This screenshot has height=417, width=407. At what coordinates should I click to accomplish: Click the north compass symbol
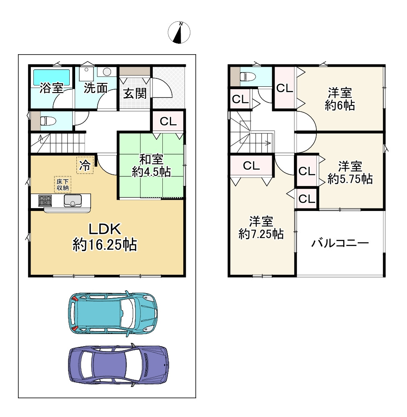pos(179,33)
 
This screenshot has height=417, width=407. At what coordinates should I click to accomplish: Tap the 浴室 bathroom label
pos(51,88)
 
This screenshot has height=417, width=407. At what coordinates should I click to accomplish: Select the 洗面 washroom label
pos(96,88)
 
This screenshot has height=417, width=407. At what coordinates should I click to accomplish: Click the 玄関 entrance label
pos(135,93)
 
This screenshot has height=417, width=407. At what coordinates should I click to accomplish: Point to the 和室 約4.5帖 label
pos(152,166)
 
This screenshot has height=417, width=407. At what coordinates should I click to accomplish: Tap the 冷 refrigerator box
pos(85,166)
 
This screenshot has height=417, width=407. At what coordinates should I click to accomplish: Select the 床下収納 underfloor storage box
pos(63,184)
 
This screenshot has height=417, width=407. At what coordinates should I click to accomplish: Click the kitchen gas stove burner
pos(45,201)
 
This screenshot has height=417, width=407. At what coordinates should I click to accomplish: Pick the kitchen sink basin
pos(73,201)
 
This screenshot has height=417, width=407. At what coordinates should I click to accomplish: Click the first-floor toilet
pos(48,121)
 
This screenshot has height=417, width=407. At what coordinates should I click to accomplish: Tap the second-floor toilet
pos(248,77)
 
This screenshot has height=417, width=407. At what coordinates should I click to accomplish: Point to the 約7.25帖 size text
pos(261,234)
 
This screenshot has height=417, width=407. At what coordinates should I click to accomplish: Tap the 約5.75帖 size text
pos(350,179)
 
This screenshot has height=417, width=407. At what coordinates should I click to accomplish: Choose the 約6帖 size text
pos(340,106)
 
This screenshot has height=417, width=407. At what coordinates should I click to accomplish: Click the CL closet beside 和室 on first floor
pos(168,122)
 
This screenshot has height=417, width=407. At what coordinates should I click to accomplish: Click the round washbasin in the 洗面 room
pos(107,72)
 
